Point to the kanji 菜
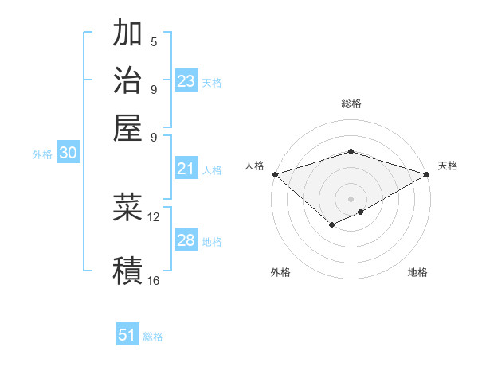click(x=127, y=208)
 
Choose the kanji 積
click(x=127, y=270)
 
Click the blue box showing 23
click(x=186, y=81)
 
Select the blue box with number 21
click(x=186, y=169)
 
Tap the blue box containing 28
click(x=186, y=240)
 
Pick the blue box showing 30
click(x=68, y=154)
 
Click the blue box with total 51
click(x=127, y=335)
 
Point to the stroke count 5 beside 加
click(x=154, y=41)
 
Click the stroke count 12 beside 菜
click(x=154, y=216)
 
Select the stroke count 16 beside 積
click(x=154, y=280)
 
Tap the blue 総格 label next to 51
click(x=153, y=337)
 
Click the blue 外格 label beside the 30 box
click(x=41, y=154)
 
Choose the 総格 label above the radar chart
click(x=351, y=103)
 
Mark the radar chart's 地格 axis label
click(x=417, y=273)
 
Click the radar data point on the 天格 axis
click(x=427, y=174)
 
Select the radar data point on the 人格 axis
click(x=275, y=174)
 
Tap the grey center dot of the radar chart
click(x=351, y=198)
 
